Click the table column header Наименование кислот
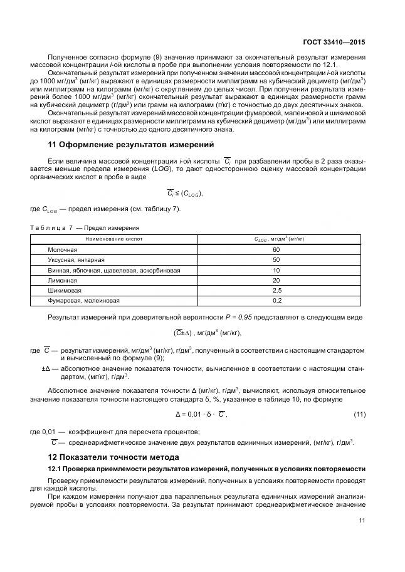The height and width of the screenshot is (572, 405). point(114,239)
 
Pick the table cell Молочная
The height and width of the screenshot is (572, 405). point(63,249)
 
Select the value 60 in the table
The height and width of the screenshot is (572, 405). point(276,249)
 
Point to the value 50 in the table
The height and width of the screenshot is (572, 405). point(276,259)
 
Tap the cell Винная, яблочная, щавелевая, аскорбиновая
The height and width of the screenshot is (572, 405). point(114,270)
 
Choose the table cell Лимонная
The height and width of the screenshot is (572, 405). point(63,280)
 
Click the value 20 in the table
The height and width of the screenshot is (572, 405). point(276,280)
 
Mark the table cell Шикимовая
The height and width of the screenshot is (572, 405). point(65,291)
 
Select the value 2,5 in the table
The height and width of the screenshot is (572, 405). point(276,291)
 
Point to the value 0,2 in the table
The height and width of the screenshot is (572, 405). point(276,301)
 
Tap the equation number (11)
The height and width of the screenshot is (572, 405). point(359,414)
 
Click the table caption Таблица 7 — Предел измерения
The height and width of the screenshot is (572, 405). point(85,227)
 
